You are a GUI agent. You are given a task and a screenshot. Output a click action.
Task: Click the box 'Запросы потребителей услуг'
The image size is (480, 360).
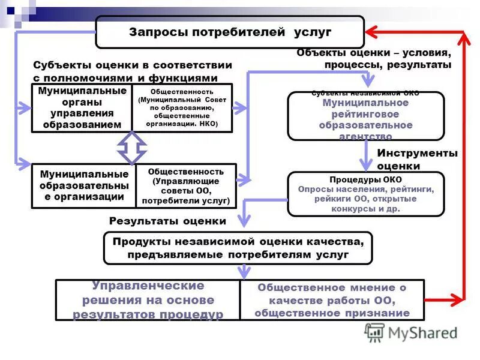(230, 32)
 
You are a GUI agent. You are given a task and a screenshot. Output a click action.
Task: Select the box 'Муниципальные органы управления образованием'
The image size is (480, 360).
(82, 108)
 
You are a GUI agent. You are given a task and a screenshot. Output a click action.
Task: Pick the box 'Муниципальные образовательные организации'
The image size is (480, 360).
(84, 185)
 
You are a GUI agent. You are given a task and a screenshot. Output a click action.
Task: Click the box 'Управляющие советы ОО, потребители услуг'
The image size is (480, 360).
(186, 186)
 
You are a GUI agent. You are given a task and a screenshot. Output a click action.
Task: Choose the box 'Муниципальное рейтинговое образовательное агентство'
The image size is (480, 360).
(365, 116)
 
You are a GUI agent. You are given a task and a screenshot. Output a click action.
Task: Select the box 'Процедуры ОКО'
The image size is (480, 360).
(365, 194)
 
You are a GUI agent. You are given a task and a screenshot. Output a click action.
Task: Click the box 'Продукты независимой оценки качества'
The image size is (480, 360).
(238, 248)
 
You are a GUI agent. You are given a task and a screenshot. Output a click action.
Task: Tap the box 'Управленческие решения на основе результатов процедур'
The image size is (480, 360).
(148, 299)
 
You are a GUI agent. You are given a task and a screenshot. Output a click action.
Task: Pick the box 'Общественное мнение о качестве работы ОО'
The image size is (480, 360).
(332, 299)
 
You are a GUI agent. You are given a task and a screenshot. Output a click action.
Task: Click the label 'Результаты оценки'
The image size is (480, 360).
(167, 221)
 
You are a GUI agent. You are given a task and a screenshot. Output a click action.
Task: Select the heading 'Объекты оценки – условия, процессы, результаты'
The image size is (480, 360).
(373, 59)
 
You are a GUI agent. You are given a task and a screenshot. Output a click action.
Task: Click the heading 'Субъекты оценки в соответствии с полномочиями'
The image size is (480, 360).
(125, 71)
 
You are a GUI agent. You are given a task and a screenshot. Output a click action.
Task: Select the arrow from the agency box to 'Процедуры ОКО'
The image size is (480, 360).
(366, 157)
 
